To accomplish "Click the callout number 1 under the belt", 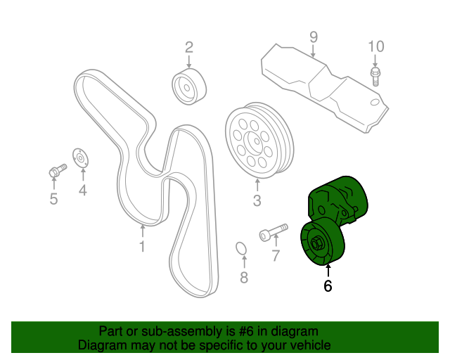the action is [141, 247].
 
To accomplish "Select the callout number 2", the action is [188, 48].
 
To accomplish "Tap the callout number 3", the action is [257, 202].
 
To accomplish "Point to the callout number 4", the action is [82, 190].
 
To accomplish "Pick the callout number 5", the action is [53, 199].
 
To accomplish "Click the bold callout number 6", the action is [328, 286].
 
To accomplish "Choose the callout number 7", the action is [276, 255].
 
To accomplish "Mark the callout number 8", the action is [244, 278].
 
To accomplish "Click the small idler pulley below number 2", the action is [188, 86].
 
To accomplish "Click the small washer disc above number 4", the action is [80, 158].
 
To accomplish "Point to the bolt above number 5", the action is [56, 170].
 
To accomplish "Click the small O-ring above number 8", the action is [240, 249].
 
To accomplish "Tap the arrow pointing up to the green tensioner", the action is [327, 269].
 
